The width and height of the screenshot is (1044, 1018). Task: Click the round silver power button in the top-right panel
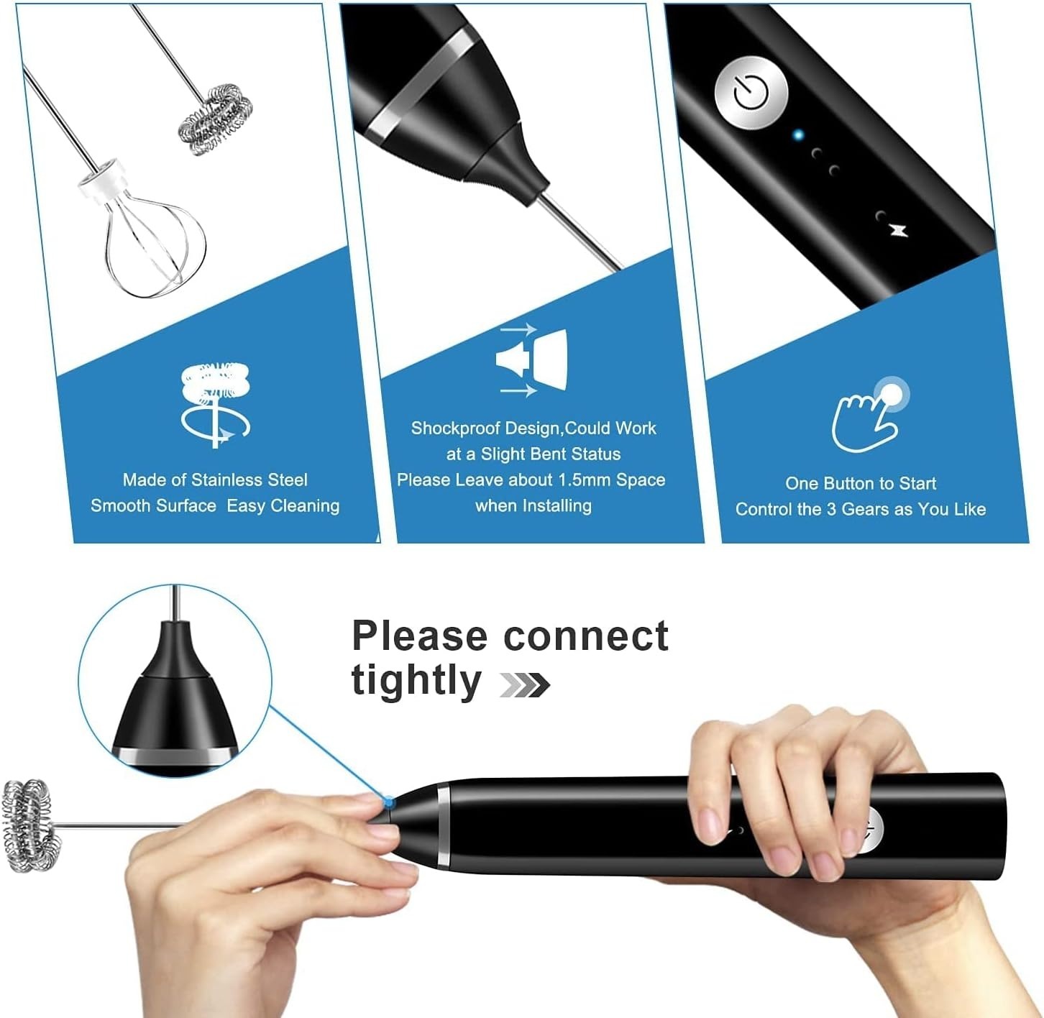pyautogui.click(x=751, y=92)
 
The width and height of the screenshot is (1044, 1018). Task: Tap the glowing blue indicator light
pyautogui.click(x=798, y=134)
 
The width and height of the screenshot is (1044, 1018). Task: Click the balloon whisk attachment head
pyautogui.click(x=155, y=247)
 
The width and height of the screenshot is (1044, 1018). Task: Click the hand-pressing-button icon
pyautogui.click(x=869, y=415)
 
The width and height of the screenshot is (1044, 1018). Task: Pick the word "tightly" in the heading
pyautogui.click(x=416, y=680)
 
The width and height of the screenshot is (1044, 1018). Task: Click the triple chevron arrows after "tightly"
pyautogui.click(x=525, y=685)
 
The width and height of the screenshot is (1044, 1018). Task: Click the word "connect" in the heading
pyautogui.click(x=586, y=637)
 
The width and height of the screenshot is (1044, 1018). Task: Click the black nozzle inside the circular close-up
pyautogui.click(x=175, y=697)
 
